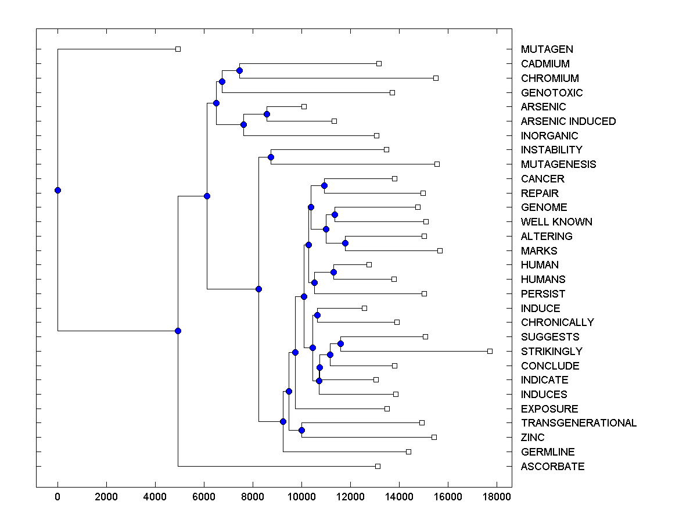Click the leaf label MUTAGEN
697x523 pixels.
(x=547, y=49)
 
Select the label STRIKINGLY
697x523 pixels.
(x=551, y=352)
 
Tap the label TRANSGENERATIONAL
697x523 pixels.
(x=579, y=423)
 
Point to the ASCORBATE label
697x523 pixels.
(x=552, y=467)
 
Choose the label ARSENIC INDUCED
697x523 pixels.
(x=568, y=121)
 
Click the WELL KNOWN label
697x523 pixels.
(x=556, y=222)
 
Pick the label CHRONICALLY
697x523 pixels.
(x=557, y=323)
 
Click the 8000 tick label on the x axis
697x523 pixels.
(x=253, y=497)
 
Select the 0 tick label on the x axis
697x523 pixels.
(x=58, y=497)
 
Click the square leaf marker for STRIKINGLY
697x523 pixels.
(x=490, y=351)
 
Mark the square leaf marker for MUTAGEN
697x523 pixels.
(x=178, y=49)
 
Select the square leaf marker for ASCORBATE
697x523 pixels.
(x=378, y=466)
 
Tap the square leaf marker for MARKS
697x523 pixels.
(x=440, y=250)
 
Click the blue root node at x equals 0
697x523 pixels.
(x=58, y=190)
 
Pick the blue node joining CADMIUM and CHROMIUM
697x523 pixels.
(x=239, y=70)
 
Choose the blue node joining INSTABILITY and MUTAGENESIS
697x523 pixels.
(x=271, y=157)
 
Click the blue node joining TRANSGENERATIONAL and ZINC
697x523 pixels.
(x=301, y=430)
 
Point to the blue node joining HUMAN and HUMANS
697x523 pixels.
(x=333, y=272)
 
